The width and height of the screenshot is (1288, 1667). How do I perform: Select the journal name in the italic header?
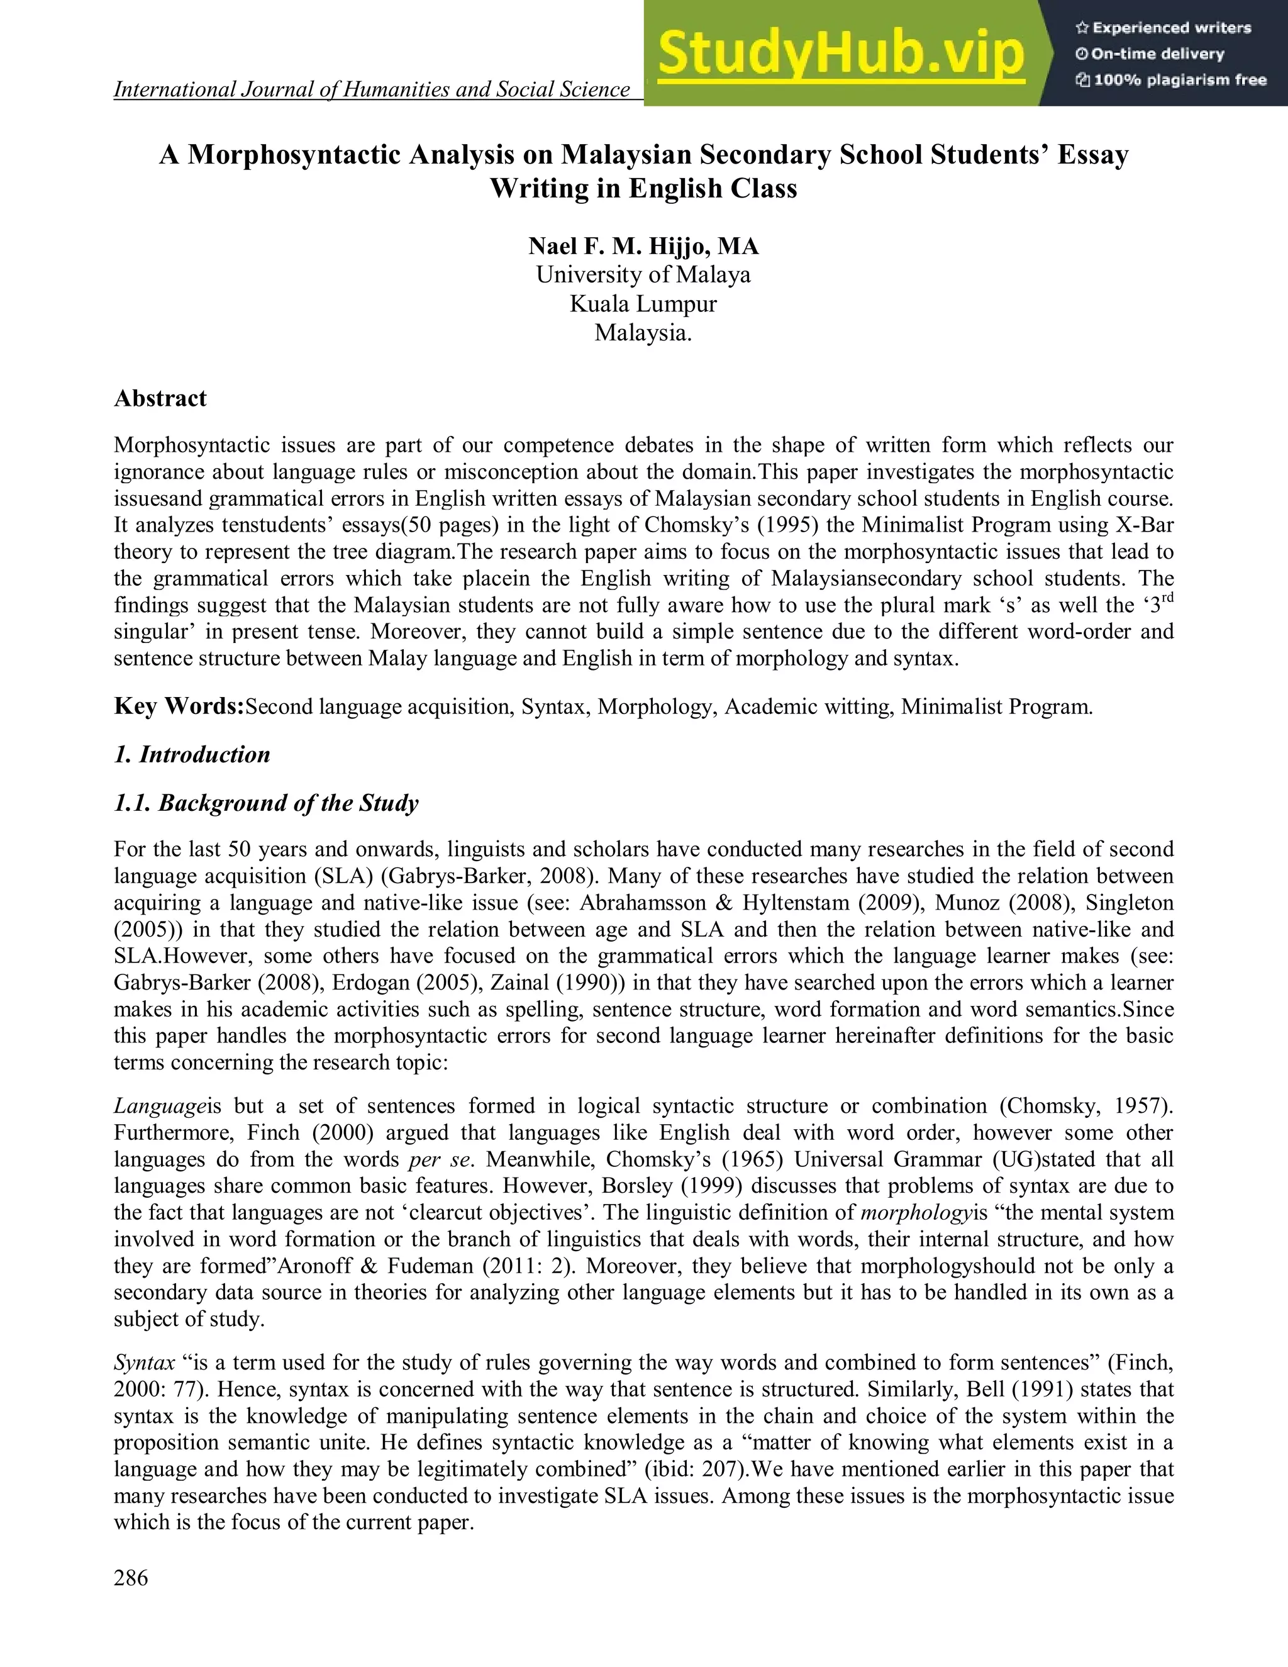pyautogui.click(x=372, y=90)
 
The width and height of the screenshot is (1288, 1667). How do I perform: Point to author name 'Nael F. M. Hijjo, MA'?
pyautogui.click(x=643, y=247)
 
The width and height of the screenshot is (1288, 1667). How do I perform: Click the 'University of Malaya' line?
pyautogui.click(x=643, y=275)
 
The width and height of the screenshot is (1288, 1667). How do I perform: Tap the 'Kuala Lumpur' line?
pyautogui.click(x=643, y=304)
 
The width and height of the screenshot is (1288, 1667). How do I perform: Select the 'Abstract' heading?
pyautogui.click(x=160, y=398)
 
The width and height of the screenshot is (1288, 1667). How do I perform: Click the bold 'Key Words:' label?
pyautogui.click(x=179, y=706)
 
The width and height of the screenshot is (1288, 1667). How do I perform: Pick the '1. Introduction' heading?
pyautogui.click(x=192, y=754)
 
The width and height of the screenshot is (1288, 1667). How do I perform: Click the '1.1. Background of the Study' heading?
pyautogui.click(x=266, y=803)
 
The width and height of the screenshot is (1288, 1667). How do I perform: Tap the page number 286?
pyautogui.click(x=131, y=1578)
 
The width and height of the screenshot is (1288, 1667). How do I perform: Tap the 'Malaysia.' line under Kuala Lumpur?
pyautogui.click(x=643, y=333)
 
